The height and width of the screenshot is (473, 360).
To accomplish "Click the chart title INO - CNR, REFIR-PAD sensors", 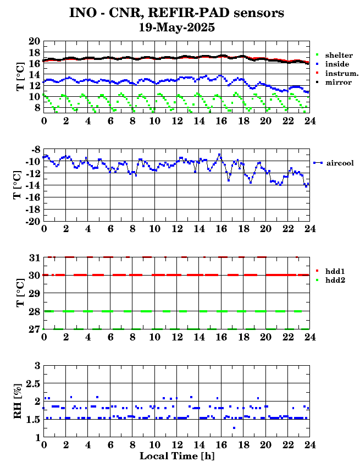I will click(176, 13).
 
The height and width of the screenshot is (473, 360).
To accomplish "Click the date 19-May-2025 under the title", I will click(176, 26).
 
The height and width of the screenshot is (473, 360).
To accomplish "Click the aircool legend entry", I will click(339, 163).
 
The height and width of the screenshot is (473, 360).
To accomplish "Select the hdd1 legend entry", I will click(335, 272).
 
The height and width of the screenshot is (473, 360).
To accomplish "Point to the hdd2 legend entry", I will click(335, 280).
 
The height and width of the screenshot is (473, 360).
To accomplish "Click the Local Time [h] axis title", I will click(176, 456).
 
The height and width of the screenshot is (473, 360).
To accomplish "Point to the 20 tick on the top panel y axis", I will click(34, 42).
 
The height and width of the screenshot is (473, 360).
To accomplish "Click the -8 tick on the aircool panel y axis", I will click(35, 150).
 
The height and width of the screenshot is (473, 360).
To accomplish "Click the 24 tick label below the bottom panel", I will click(309, 445).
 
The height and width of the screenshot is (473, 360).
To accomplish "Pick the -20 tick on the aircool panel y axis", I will click(33, 221).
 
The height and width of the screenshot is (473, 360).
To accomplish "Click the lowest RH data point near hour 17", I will click(234, 428).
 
